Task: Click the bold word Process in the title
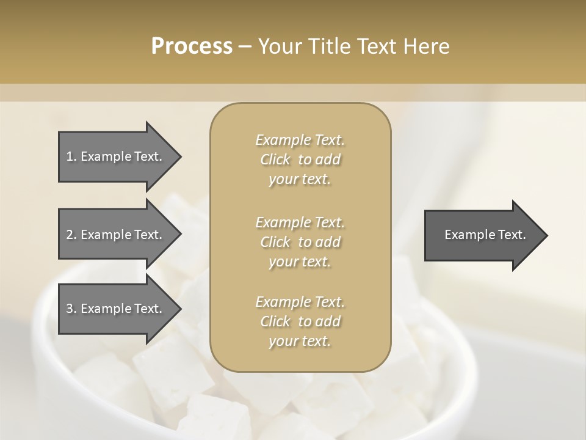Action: coord(192,46)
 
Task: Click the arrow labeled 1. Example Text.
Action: coord(116,156)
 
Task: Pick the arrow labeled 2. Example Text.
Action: coord(116,235)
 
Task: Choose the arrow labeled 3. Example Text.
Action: coord(116,309)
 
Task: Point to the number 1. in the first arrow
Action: coord(71,156)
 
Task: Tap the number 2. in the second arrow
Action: coord(71,235)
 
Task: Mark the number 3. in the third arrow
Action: coord(71,309)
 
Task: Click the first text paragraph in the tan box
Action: coord(300,159)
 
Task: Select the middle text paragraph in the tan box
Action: coord(300,242)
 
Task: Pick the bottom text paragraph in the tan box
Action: coord(300,321)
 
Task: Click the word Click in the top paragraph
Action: coord(275,159)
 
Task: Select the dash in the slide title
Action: coord(245,46)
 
